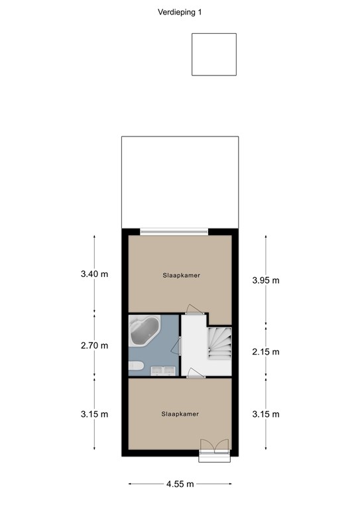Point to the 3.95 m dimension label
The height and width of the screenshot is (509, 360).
coord(265,280)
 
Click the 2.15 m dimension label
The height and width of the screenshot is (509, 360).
coord(265,351)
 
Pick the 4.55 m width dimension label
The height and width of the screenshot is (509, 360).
coord(180,484)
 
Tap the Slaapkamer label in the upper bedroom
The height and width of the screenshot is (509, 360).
coord(181,274)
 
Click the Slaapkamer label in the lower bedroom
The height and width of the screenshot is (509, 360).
coord(180,414)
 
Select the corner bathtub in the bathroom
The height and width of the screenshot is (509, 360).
coord(144,331)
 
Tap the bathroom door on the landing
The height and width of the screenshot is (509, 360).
coord(180,344)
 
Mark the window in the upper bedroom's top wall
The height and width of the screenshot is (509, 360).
coord(174,231)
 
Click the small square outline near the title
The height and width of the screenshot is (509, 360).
coord(214,54)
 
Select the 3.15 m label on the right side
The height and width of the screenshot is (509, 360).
coord(265,414)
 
